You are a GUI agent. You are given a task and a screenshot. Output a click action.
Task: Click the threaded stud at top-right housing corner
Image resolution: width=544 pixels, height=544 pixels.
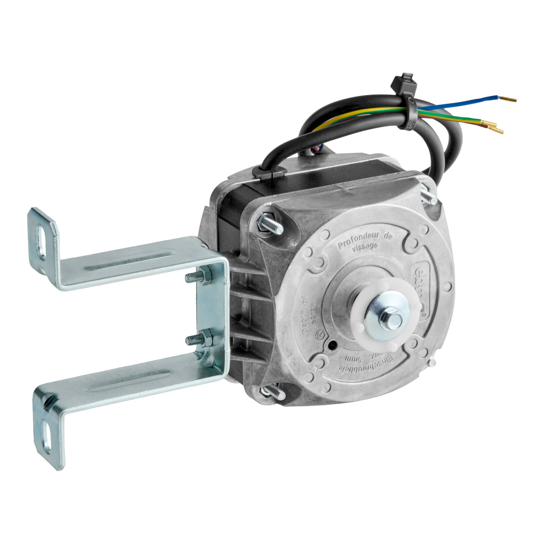(429, 197)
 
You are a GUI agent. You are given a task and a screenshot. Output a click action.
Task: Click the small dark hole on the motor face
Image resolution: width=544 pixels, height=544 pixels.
(333, 344)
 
